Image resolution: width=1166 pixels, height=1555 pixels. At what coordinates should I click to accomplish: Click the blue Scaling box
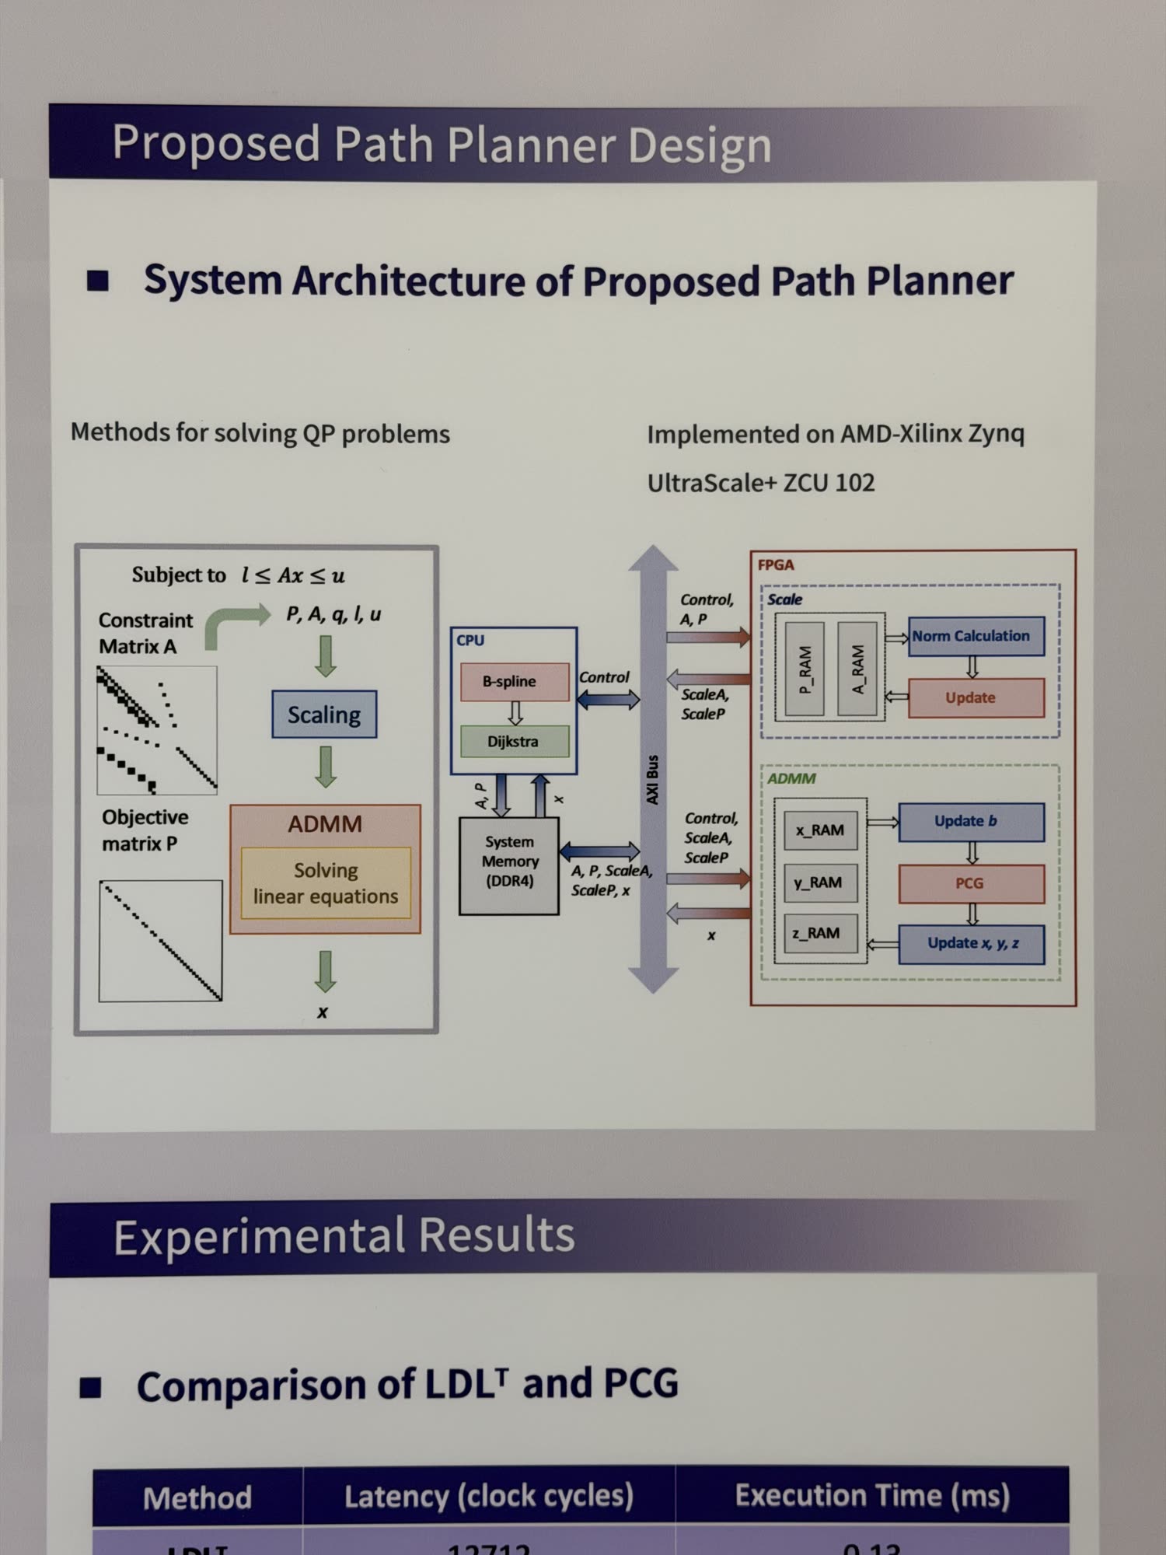click(324, 715)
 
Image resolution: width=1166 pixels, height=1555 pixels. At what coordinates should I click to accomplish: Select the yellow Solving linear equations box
click(326, 883)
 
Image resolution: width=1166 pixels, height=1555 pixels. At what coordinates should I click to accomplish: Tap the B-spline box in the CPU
click(514, 682)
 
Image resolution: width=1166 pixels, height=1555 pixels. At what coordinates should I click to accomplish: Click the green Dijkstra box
click(514, 742)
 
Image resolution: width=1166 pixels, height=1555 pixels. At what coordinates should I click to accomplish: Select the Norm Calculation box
click(976, 636)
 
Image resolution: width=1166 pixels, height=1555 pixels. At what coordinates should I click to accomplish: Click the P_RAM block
click(805, 669)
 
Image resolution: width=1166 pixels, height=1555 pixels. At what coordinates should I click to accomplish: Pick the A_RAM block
click(857, 669)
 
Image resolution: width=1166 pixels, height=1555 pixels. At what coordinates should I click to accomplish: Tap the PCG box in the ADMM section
click(971, 883)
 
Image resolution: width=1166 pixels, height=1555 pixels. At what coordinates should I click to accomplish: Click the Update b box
click(971, 822)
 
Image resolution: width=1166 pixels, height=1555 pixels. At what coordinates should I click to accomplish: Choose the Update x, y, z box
click(971, 943)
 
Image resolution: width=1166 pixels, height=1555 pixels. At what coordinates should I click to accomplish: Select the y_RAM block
click(819, 882)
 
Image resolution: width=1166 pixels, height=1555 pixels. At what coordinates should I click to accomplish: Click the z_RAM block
click(819, 933)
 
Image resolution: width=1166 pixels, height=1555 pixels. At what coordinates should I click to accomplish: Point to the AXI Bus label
click(653, 779)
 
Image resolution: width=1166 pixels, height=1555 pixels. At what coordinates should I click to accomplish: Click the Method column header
click(197, 1497)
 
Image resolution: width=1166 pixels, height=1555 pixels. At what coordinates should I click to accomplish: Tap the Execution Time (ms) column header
click(872, 1496)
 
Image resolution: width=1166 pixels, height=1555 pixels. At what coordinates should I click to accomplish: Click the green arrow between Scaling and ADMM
click(326, 767)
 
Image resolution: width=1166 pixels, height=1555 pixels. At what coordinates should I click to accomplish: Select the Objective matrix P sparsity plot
click(161, 941)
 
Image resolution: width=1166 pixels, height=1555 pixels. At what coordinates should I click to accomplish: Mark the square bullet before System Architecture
click(98, 281)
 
